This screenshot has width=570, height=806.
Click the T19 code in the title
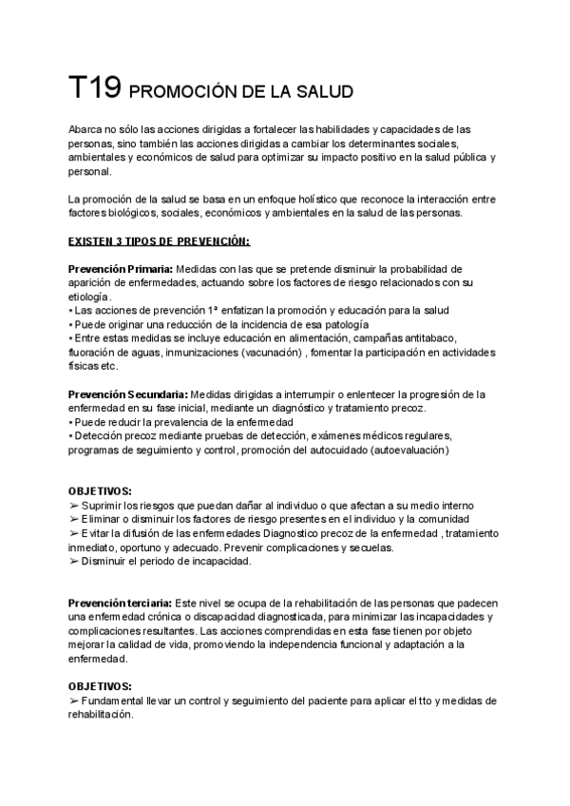[94, 89]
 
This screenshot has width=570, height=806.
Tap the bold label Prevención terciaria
[120, 604]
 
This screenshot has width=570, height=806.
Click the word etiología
[89, 297]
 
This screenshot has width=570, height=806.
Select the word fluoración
[93, 352]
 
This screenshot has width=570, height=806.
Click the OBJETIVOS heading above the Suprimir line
[101, 491]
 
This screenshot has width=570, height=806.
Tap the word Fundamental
[118, 700]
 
